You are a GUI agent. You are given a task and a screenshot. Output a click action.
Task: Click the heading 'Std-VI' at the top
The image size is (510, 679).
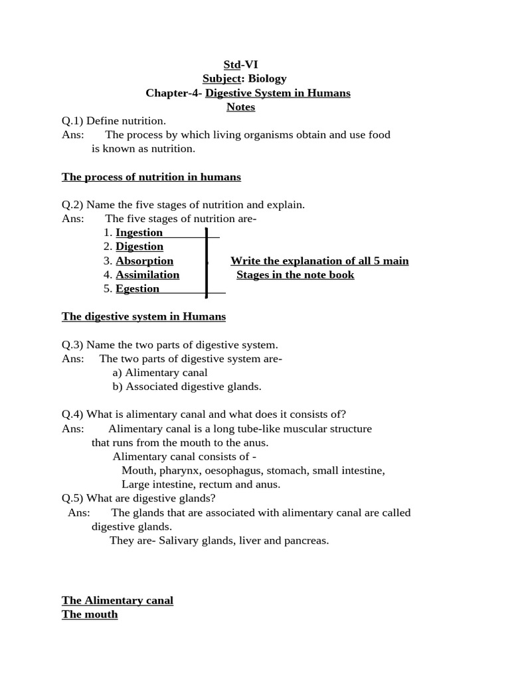(x=240, y=64)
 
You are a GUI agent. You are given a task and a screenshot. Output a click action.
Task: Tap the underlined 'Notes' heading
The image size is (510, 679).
(x=240, y=107)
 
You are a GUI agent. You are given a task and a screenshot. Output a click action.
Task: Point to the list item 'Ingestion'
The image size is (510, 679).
(x=139, y=233)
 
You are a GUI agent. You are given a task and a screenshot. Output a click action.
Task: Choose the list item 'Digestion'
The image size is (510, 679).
(x=139, y=247)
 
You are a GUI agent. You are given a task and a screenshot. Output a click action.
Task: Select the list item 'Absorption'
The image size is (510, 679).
(x=144, y=261)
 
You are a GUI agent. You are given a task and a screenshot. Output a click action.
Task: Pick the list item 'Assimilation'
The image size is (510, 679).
(x=147, y=275)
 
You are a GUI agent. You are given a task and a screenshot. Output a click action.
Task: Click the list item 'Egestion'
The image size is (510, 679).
(x=137, y=288)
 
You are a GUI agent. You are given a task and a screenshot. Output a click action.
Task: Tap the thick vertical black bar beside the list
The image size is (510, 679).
(x=207, y=263)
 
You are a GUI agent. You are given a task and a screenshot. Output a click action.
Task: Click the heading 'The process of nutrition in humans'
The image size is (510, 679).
(x=151, y=177)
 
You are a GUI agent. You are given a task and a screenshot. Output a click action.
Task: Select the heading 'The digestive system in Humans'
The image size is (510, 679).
(x=143, y=316)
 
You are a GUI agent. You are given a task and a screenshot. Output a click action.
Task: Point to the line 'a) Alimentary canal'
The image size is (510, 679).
(x=160, y=373)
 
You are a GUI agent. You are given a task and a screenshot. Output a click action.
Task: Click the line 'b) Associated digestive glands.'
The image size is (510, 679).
(x=187, y=387)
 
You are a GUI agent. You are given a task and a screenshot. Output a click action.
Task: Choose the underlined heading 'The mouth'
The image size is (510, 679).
(x=90, y=614)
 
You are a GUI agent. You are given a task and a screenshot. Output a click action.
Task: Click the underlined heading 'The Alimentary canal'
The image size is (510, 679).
(x=118, y=600)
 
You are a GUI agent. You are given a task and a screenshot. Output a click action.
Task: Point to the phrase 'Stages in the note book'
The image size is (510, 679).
(x=295, y=275)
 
